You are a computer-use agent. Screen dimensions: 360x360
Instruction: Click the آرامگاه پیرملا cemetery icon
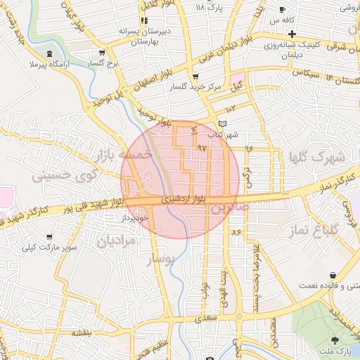coord(49,53)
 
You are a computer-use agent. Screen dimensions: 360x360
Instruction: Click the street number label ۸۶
coord(236,231)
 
